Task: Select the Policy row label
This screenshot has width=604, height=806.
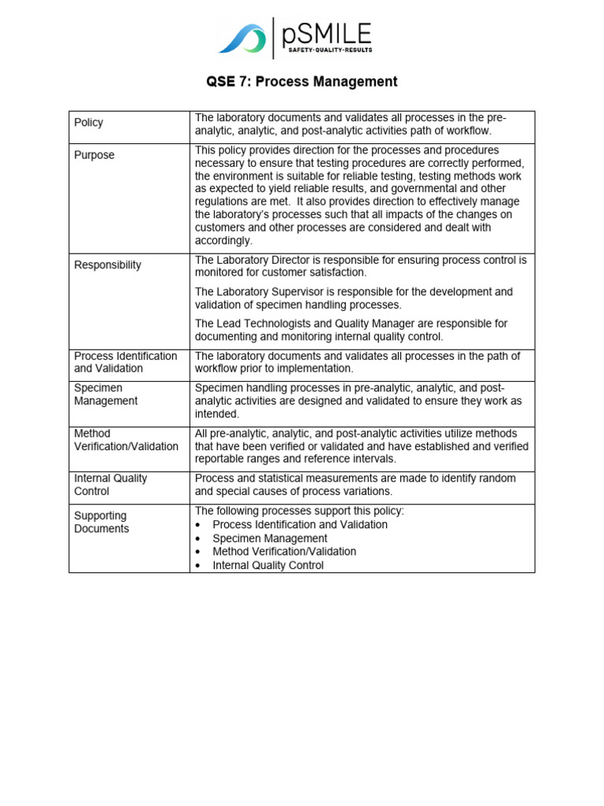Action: pyautogui.click(x=88, y=123)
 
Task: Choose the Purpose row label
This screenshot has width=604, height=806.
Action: pyautogui.click(x=94, y=155)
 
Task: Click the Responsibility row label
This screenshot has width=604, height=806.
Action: pyautogui.click(x=108, y=265)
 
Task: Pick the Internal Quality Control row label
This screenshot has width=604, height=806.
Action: pyautogui.click(x=110, y=485)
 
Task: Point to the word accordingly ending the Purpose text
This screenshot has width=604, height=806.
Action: pyautogui.click(x=223, y=241)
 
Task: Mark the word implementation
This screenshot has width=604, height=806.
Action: pyautogui.click(x=315, y=368)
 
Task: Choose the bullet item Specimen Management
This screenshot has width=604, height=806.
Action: pyautogui.click(x=270, y=538)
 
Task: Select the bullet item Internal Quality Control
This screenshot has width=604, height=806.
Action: pyautogui.click(x=268, y=565)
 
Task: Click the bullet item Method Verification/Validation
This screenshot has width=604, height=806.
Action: pyautogui.click(x=284, y=552)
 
